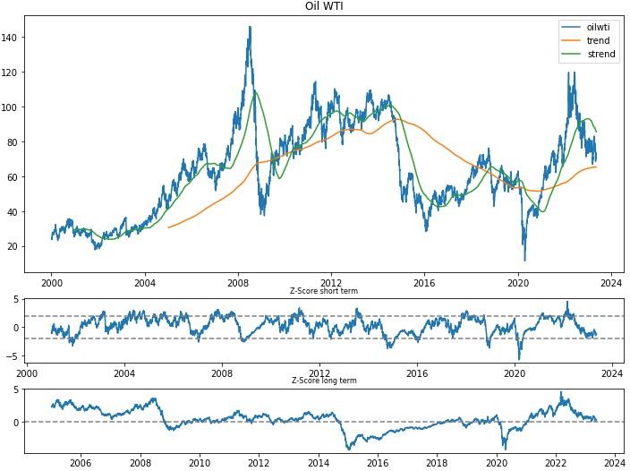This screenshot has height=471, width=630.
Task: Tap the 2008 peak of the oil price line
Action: tap(250, 27)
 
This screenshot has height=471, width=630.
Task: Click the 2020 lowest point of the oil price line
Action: tap(525, 260)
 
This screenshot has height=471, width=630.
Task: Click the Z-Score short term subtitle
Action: tap(324, 291)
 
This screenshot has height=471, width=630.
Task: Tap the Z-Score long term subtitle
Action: tap(324, 381)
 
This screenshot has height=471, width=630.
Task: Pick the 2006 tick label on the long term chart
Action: tap(81, 463)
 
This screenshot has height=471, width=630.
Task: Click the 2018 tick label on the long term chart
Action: tap(438, 463)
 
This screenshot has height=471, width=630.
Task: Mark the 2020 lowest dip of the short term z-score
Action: tap(519, 359)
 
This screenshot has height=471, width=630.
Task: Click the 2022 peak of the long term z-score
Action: tap(561, 392)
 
